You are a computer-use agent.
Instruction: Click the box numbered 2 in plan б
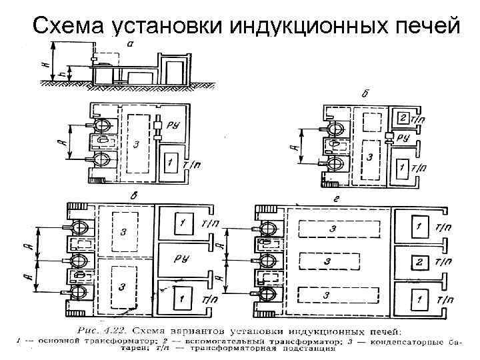pos(402,118)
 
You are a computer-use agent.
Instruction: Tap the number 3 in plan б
pos(369,159)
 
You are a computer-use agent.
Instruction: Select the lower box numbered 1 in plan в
pos(182,297)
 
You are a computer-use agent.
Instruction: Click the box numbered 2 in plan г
pos(418,261)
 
